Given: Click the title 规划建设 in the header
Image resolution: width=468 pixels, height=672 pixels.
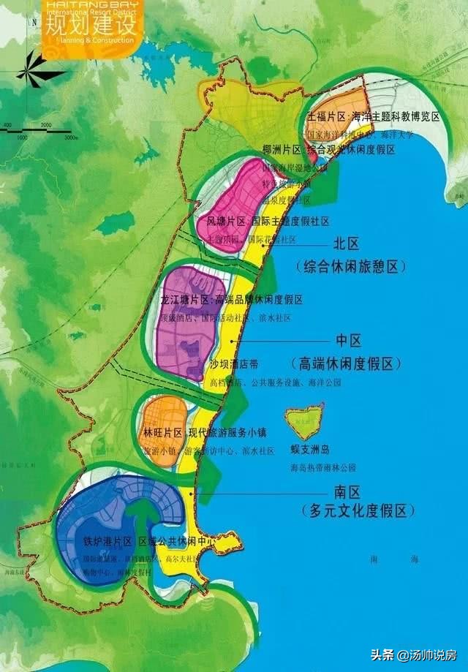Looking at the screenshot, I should pyautogui.click(x=90, y=26).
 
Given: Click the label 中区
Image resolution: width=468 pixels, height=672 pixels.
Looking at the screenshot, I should pyautogui.click(x=350, y=341).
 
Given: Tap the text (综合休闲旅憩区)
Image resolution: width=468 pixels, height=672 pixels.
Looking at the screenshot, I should pyautogui.click(x=350, y=267).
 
